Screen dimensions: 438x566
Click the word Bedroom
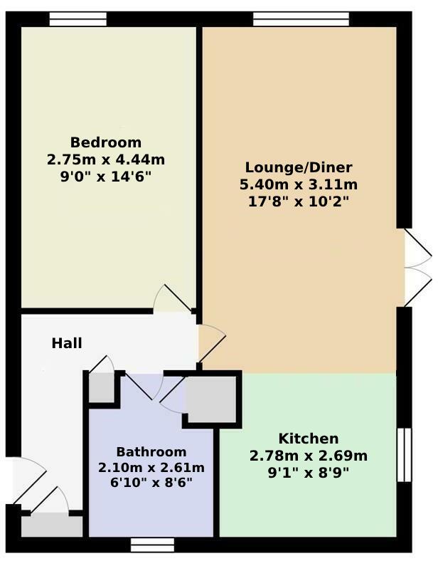[x=106, y=142]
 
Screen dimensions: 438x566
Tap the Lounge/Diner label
[x=299, y=167]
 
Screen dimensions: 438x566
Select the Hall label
[x=67, y=343]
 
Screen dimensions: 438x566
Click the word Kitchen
[x=309, y=439]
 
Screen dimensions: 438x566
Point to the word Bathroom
[x=151, y=451]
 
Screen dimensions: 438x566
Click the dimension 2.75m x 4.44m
[x=106, y=159]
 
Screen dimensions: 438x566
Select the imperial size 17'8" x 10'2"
[x=299, y=201]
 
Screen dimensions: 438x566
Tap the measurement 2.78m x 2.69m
[x=309, y=456]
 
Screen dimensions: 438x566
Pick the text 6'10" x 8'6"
[x=151, y=482]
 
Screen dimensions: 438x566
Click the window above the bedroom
[x=78, y=19]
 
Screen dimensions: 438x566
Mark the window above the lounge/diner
[x=301, y=19]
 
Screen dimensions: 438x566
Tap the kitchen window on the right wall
[x=404, y=455]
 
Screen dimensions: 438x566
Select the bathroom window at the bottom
[x=152, y=545]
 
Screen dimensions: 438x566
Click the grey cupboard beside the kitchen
[x=211, y=399]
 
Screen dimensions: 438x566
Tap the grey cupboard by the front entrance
[x=52, y=526]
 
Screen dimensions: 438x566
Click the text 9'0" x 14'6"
[x=106, y=177]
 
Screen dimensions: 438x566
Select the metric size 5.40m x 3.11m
[x=299, y=184]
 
